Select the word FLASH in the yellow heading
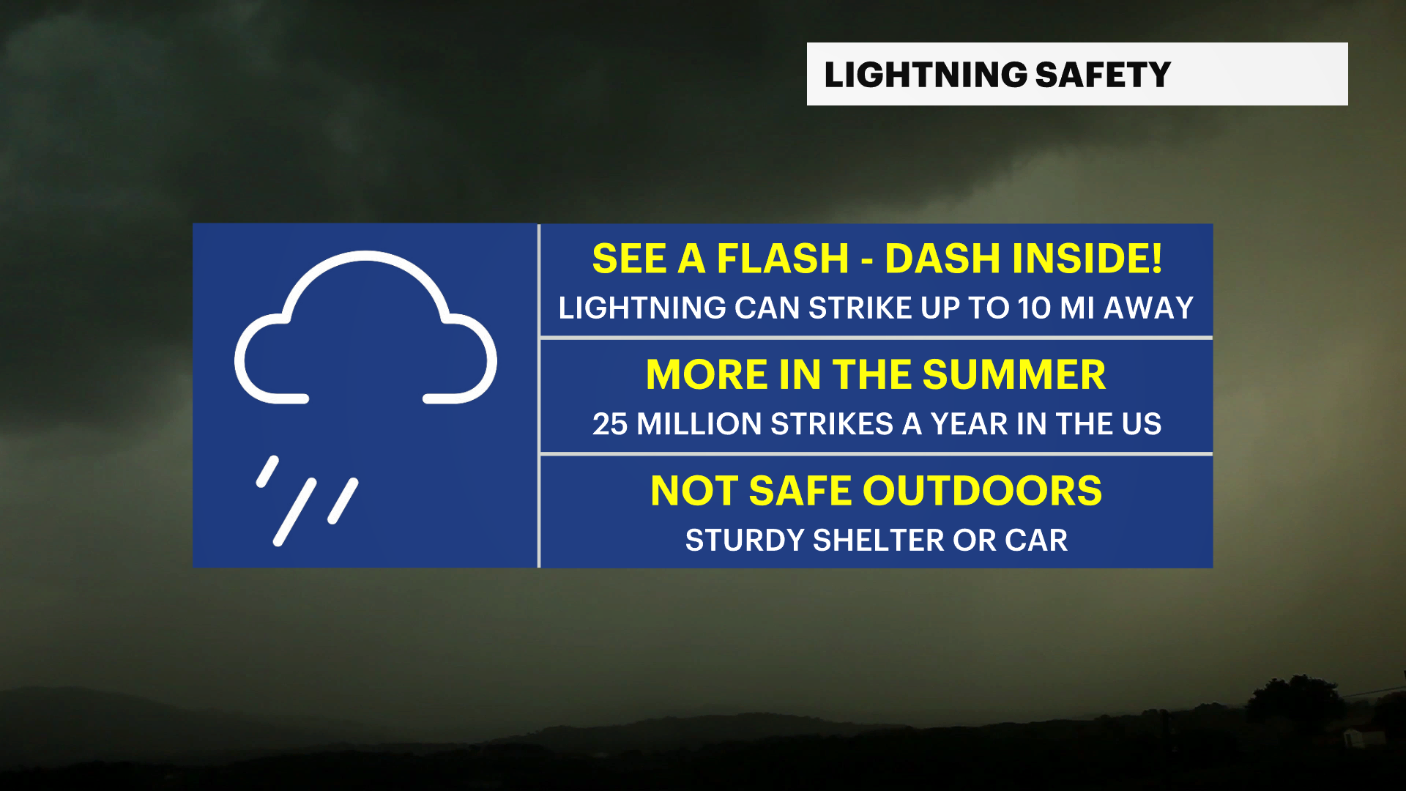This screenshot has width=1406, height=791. [x=782, y=259]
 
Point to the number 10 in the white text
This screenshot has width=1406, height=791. [x=1034, y=308]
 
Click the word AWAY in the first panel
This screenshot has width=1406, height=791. [x=1148, y=308]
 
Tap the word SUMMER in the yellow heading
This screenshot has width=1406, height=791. [x=1013, y=375]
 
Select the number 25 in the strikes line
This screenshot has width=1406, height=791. [x=609, y=424]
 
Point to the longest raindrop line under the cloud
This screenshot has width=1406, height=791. [x=294, y=512]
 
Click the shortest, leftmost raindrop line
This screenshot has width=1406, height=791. [x=267, y=471]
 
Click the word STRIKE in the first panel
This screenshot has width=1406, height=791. [x=860, y=308]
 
